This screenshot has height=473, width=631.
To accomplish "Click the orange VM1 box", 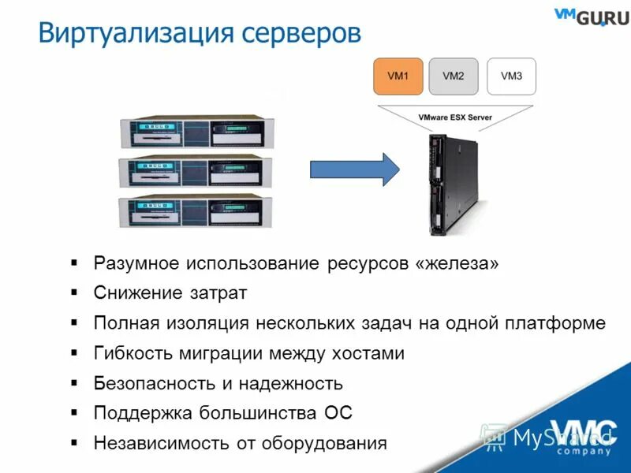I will coord(398,76).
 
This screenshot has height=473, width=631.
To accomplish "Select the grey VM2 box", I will coord(454,76).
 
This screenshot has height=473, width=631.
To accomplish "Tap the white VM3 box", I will coord(511,76).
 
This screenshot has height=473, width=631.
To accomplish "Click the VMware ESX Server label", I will coord(455,117).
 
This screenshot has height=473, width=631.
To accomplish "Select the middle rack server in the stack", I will coord(195,172).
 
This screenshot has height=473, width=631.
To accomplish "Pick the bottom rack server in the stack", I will coord(195,212).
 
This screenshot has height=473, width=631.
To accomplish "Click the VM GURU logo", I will coord(591,16).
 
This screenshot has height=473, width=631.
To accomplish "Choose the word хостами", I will coord(366,353).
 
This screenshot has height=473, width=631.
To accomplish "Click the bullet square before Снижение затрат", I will coord(74,292).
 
